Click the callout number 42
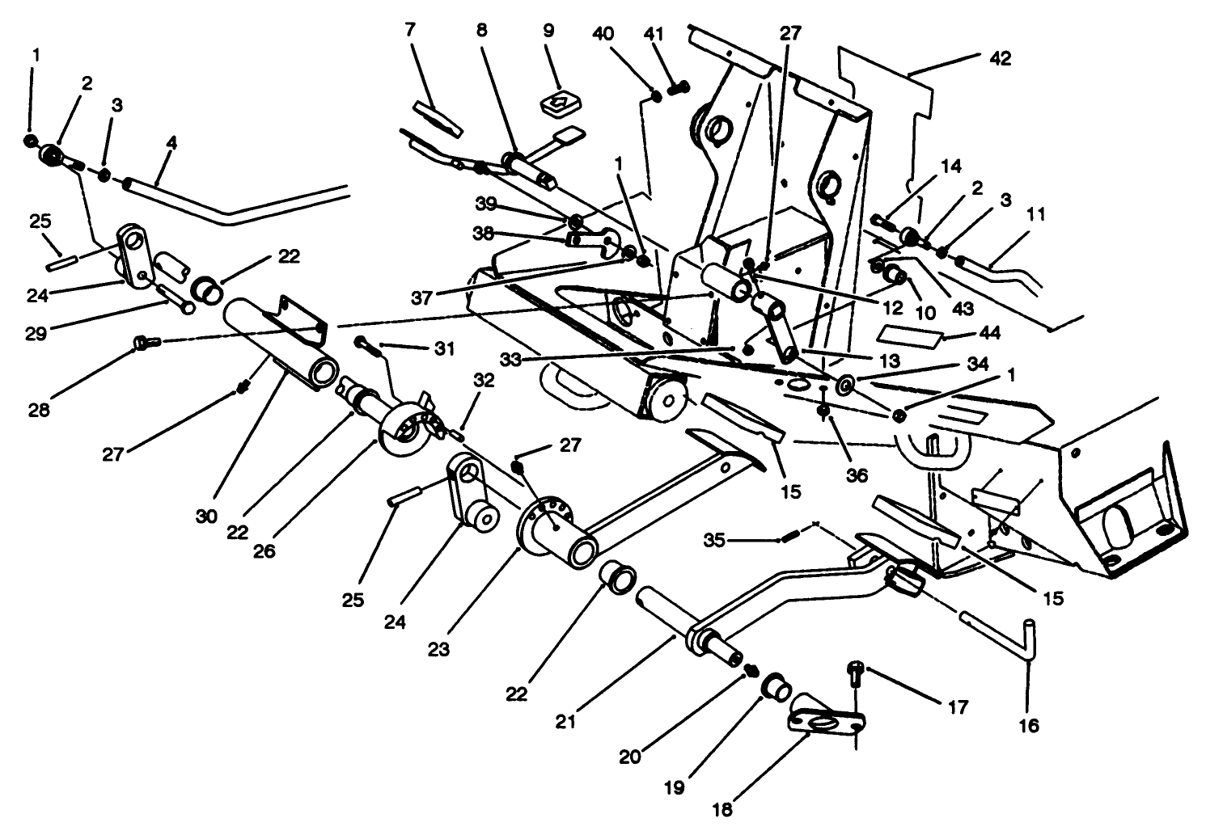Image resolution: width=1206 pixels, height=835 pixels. pyautogui.click(x=1001, y=59)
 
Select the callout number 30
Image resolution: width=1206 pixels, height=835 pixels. pyautogui.click(x=206, y=516)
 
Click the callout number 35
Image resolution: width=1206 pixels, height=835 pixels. pyautogui.click(x=713, y=538)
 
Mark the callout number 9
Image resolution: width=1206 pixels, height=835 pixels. pyautogui.click(x=548, y=32)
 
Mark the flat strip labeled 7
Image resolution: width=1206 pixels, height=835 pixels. pyautogui.click(x=437, y=116)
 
